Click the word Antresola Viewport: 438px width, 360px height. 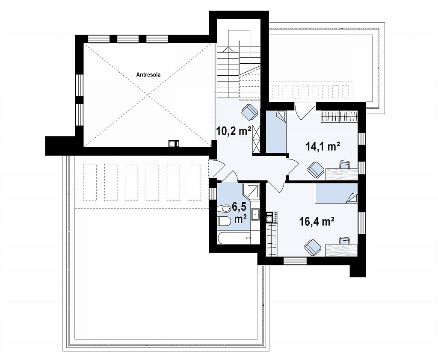click(148, 74)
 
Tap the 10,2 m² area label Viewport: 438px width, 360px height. click(234, 130)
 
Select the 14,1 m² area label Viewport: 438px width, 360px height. click(323, 146)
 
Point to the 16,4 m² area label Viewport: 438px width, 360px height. click(317, 221)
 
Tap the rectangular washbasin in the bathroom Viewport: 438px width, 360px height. click(255, 215)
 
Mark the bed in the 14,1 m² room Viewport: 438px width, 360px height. click(276, 132)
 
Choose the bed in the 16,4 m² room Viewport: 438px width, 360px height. click(336, 193)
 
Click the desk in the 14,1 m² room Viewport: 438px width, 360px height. click(341, 174)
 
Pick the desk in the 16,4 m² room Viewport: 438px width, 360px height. click(341, 251)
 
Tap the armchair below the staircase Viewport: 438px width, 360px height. click(249, 112)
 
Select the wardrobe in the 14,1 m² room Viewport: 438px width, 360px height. click(339, 116)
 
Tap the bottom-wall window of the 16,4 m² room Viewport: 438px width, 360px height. click(295, 261)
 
